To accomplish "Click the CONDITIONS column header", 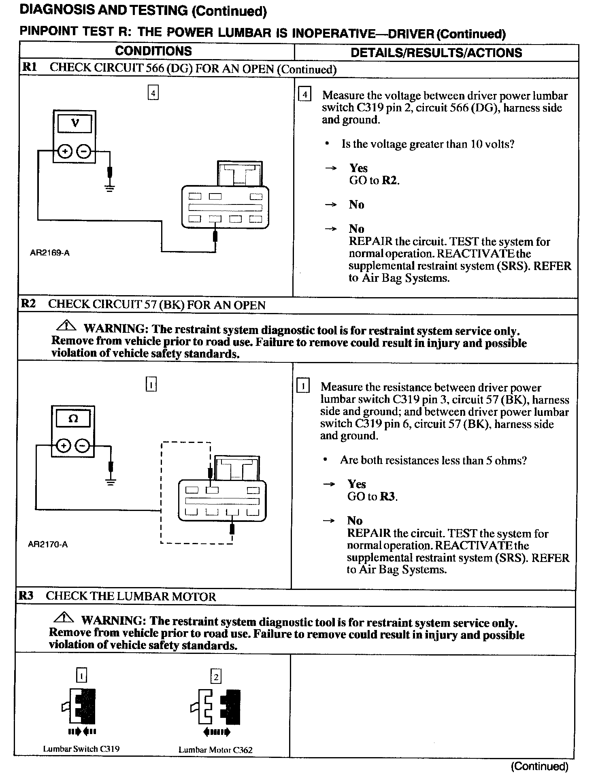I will click(x=153, y=51).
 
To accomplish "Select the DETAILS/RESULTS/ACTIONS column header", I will click(x=436, y=53).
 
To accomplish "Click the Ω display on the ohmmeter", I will click(x=73, y=419).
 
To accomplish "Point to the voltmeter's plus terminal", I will click(x=65, y=151).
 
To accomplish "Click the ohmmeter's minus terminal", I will click(x=82, y=446).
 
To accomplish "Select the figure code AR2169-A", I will click(x=49, y=253).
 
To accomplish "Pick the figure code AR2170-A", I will click(x=48, y=545).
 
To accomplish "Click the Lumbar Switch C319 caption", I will click(x=81, y=749).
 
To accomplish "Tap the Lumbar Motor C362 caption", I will click(x=215, y=750).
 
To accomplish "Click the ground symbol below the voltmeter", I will click(x=109, y=187).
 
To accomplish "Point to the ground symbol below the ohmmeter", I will click(x=111, y=481).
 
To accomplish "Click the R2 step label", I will click(x=28, y=304).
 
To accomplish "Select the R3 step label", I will click(x=26, y=596).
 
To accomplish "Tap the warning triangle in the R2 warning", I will click(x=66, y=325).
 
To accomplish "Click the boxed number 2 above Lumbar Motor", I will click(x=216, y=677).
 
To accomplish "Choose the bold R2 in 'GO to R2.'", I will click(x=390, y=181).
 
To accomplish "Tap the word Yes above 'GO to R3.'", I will click(x=357, y=484).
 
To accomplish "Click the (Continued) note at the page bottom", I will click(x=539, y=766).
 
